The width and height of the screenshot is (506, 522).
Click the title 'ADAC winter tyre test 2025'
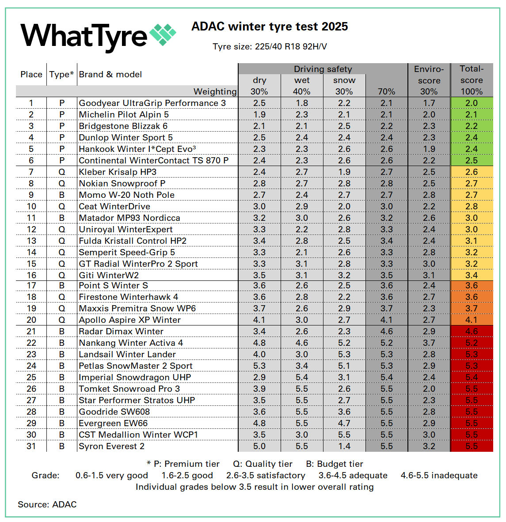[x=270, y=26]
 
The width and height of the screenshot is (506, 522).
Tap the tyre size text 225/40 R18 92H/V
[x=270, y=47]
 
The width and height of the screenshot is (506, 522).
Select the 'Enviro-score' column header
[x=429, y=75]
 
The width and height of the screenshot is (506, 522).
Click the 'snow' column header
[x=344, y=80]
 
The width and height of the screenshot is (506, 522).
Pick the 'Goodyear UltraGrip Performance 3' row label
[x=152, y=103]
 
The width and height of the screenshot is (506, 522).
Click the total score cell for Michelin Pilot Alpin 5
[x=472, y=115]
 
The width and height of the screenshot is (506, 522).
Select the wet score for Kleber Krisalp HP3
[x=302, y=172]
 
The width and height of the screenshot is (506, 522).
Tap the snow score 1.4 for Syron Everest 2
[x=344, y=446]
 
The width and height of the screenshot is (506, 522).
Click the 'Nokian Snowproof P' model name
[x=122, y=184]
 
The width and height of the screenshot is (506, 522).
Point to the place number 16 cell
[x=31, y=276]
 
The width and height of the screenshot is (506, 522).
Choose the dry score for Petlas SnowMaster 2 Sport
[x=259, y=366]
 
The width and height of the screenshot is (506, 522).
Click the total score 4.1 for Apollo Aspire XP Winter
[x=472, y=320]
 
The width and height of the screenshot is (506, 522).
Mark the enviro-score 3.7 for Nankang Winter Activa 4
[x=429, y=343]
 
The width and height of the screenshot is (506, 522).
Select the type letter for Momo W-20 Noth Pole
[x=62, y=195]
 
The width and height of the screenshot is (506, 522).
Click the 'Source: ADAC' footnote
[x=47, y=504]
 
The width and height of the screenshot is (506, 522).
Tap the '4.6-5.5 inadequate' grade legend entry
[x=439, y=476]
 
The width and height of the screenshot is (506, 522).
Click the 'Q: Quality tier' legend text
[x=263, y=464]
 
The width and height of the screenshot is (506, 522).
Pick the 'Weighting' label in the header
[x=215, y=92]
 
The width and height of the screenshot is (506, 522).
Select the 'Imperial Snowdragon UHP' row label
[x=135, y=378]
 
